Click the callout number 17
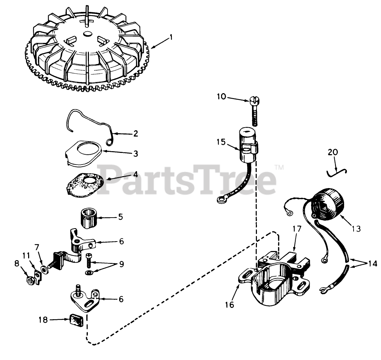click(297, 229)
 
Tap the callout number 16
click(230, 304)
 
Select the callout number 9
click(121, 264)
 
